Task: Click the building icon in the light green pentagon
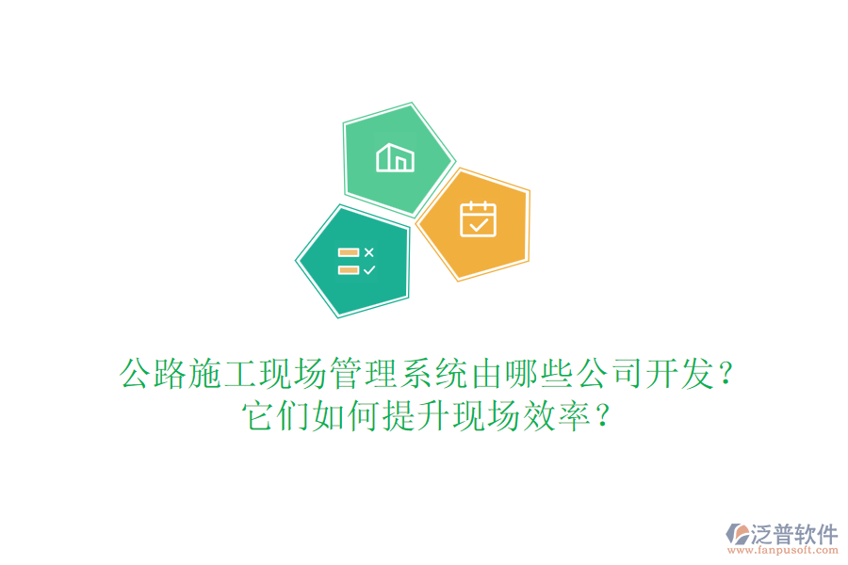tap(396, 158)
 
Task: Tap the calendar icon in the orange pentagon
tap(477, 219)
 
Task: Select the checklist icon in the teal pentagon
tap(356, 261)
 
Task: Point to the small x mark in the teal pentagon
tap(368, 251)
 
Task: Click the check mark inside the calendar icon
tap(478, 224)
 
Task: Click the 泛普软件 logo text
tap(794, 534)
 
